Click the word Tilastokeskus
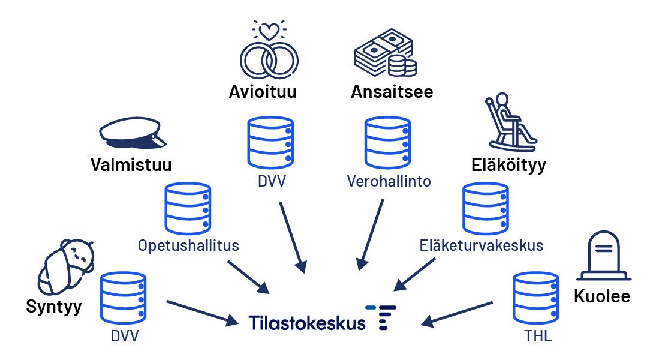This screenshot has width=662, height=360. tap(307, 322)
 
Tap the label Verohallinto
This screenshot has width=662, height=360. tap(389, 181)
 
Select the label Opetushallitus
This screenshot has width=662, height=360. tap(188, 245)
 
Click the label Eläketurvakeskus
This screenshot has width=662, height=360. tap(482, 245)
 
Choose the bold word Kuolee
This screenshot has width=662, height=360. tap(602, 296)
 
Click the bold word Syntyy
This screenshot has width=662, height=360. tap(54, 307)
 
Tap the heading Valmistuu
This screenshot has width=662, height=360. tap(131, 164)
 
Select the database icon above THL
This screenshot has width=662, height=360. tap(536, 298)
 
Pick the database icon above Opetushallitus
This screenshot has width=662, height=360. tap(188, 208)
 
